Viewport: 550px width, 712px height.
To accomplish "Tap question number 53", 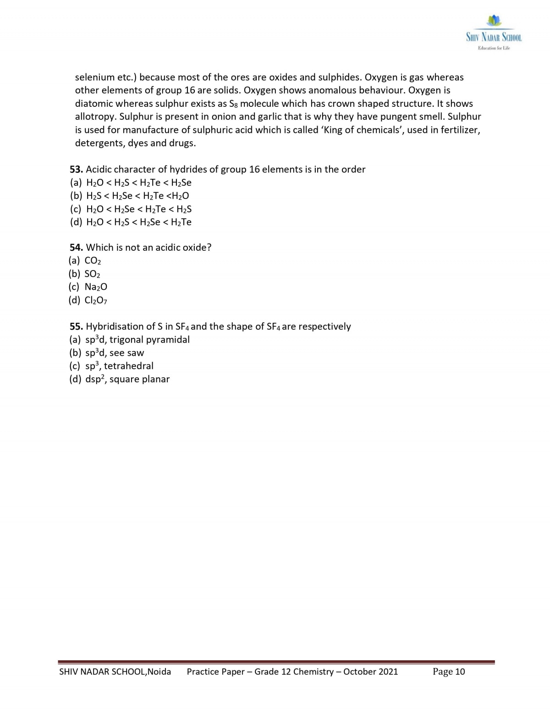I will (76, 170).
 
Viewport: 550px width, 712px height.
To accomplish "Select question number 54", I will (76, 248).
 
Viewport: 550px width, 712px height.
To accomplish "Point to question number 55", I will (76, 326).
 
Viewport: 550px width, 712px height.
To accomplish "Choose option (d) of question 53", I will (131, 222).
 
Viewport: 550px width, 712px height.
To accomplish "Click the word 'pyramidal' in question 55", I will (168, 340).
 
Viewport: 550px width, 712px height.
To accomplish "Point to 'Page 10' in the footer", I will (449, 672).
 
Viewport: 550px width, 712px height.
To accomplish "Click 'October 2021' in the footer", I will (370, 672).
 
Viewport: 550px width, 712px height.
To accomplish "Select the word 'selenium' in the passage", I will (94, 77).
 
